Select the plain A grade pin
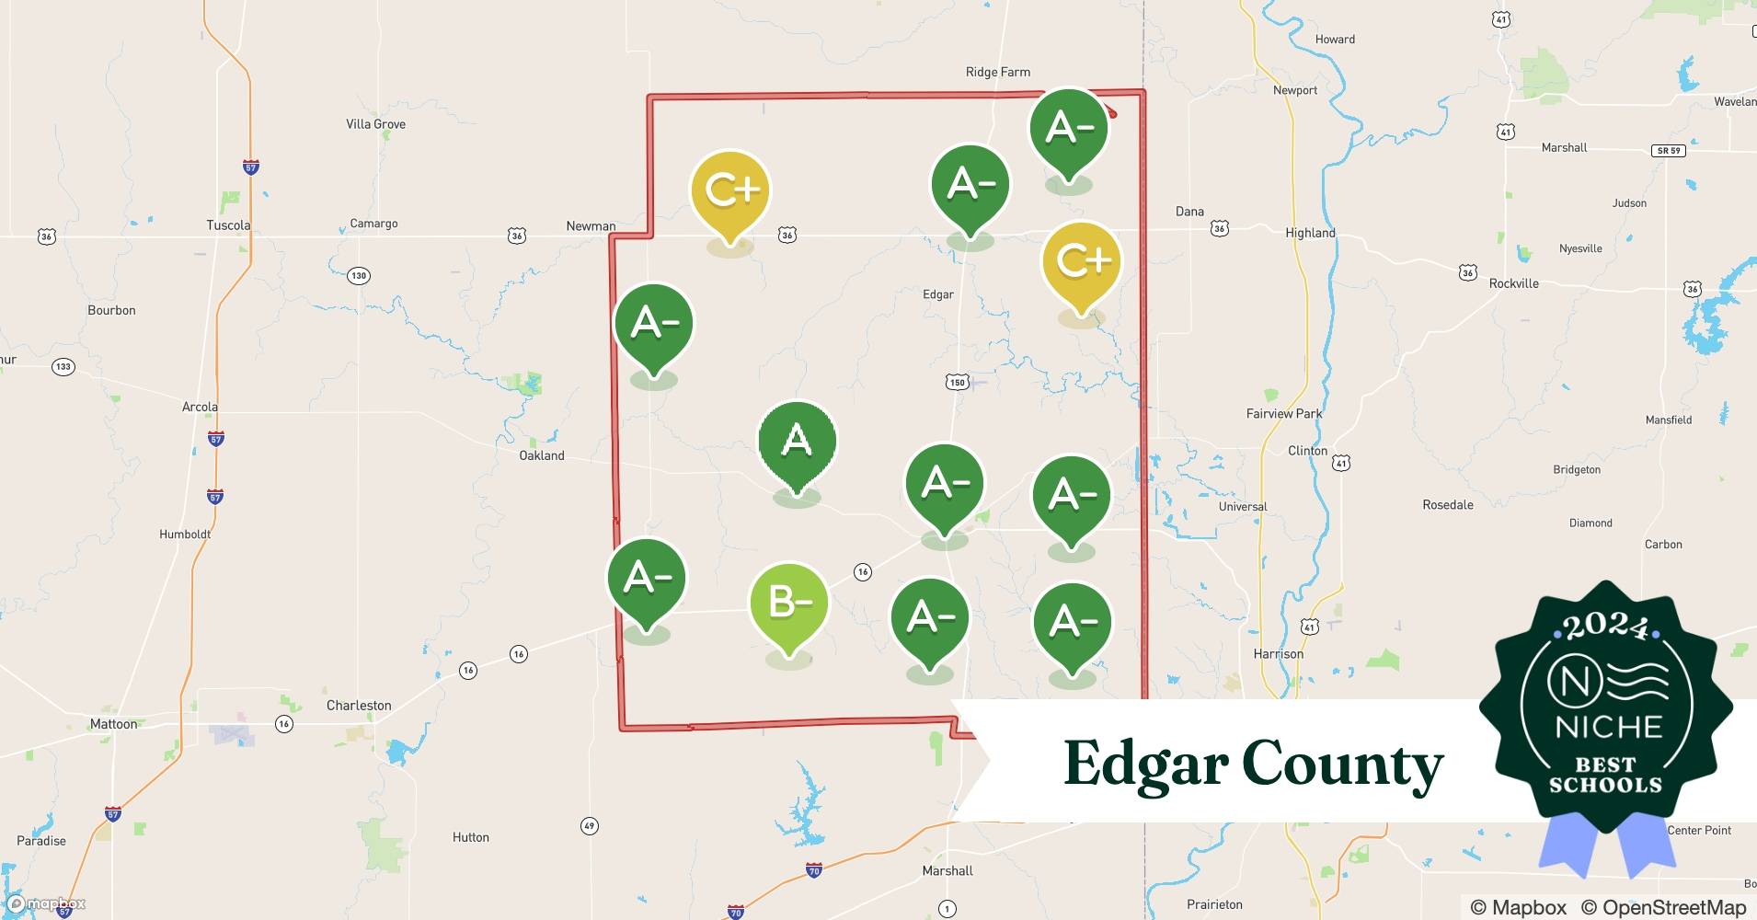pyautogui.click(x=797, y=442)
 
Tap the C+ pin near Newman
pyautogui.click(x=730, y=190)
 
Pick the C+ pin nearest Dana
pyautogui.click(x=1082, y=261)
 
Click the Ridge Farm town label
pyautogui.click(x=997, y=72)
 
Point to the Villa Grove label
pyautogui.click(x=375, y=124)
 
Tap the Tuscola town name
pyautogui.click(x=228, y=225)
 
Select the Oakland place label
pyautogui.click(x=542, y=455)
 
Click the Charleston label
pyautogui.click(x=359, y=706)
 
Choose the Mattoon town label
pyautogui.click(x=113, y=724)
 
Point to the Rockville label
pyautogui.click(x=1513, y=283)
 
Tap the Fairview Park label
pyautogui.click(x=1283, y=414)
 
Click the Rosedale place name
pyautogui.click(x=1447, y=505)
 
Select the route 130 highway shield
pyautogui.click(x=359, y=275)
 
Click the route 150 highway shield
pyautogui.click(x=958, y=382)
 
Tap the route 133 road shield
pyautogui.click(x=63, y=366)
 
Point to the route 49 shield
pyautogui.click(x=590, y=826)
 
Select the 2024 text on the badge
pyautogui.click(x=1605, y=627)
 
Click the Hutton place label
pyautogui.click(x=470, y=837)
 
